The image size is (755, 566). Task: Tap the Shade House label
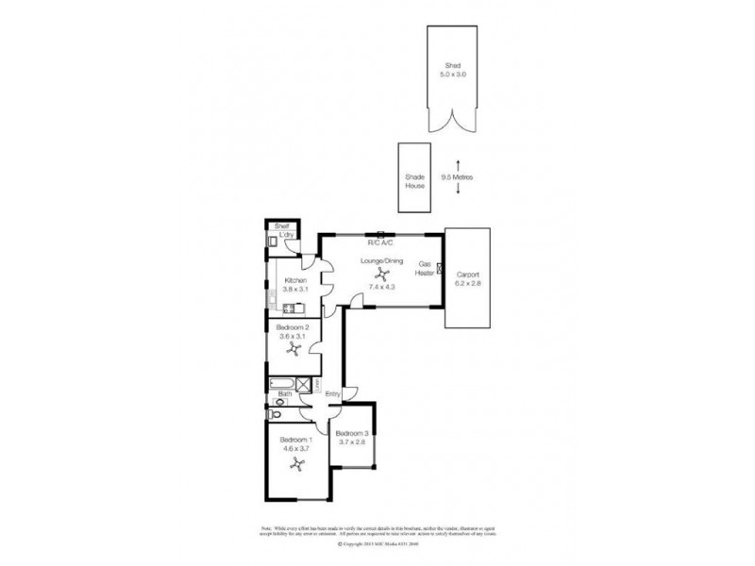[415, 180]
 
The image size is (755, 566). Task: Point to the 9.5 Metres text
[459, 176]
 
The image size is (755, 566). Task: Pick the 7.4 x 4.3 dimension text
[381, 286]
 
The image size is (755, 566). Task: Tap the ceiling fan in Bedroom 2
[294, 351]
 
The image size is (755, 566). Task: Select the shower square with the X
[304, 383]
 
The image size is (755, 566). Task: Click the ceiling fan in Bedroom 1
[295, 464]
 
